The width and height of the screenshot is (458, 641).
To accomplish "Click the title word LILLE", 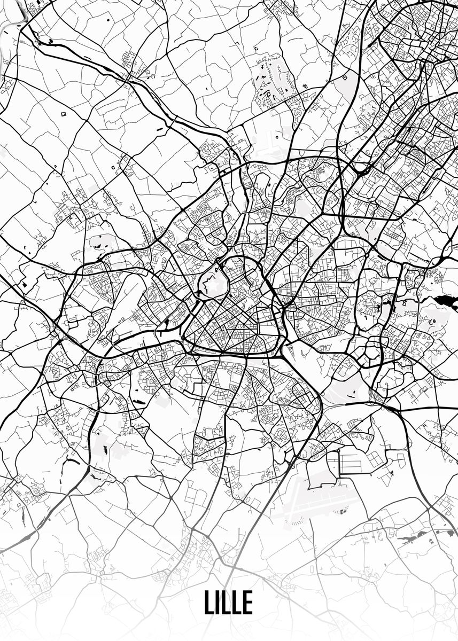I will pyautogui.click(x=228, y=603).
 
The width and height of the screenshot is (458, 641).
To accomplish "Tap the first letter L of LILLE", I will pyautogui.click(x=208, y=603).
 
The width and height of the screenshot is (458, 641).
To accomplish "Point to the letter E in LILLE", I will pyautogui.click(x=247, y=603).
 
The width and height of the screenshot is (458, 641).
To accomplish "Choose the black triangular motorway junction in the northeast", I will pyautogui.click(x=361, y=171).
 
